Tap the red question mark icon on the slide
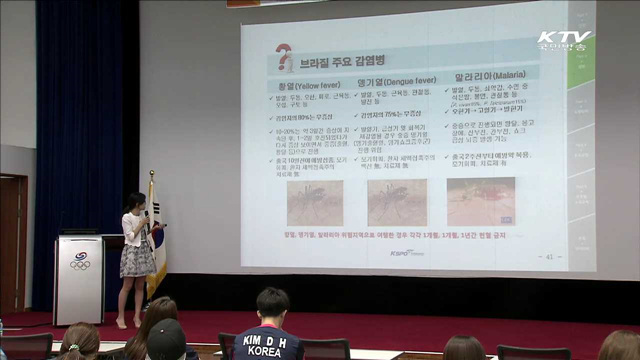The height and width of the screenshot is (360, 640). coord(284,58)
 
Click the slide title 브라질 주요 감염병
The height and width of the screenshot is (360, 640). coord(340,62)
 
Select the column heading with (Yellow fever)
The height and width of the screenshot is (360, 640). coord(310,85)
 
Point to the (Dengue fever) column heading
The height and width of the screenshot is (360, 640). coord(398,85)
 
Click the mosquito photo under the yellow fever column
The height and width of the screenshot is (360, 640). coord(314,202)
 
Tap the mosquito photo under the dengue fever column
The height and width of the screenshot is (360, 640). coord(396,202)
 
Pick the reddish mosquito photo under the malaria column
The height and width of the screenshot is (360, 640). coord(480,201)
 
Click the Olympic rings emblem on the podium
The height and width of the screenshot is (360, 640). coord(80,263)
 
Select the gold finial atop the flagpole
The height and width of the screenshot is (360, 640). coord(152,176)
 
